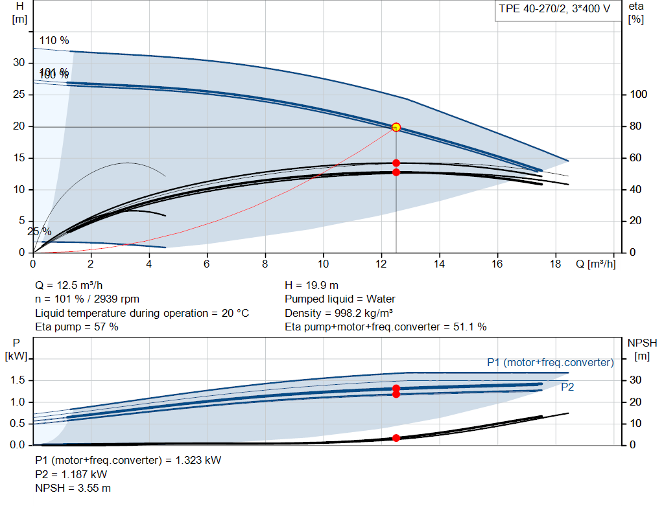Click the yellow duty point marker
(x=396, y=127)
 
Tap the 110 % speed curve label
(x=54, y=40)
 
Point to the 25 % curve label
(x=39, y=231)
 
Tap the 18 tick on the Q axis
(x=556, y=264)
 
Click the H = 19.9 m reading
(x=312, y=285)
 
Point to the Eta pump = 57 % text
(x=77, y=327)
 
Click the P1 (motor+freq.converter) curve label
(x=550, y=362)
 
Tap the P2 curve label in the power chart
(x=567, y=387)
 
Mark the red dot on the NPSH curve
(x=396, y=438)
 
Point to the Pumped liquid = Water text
(x=340, y=299)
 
